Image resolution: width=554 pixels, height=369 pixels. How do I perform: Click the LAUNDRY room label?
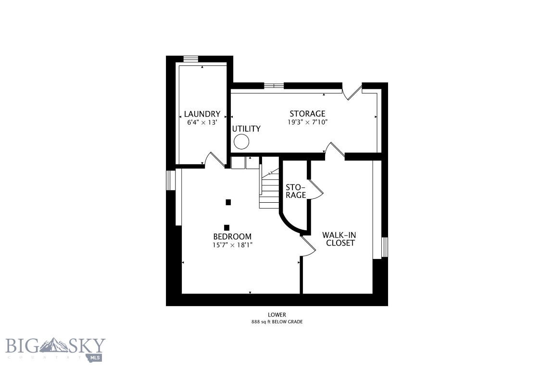tap(202, 114)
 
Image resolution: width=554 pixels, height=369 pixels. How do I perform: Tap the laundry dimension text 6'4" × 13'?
tap(202, 123)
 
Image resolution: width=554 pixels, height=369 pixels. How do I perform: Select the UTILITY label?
tap(246, 129)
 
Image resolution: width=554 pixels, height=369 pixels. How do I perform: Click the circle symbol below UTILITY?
tap(241, 142)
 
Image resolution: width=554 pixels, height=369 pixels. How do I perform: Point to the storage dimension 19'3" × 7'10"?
tap(307, 122)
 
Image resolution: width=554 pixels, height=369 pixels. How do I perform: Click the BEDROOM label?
tap(232, 236)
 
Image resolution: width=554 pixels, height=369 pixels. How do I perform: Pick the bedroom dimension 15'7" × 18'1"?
tap(232, 245)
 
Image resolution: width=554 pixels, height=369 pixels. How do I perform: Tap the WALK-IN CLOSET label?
tap(340, 239)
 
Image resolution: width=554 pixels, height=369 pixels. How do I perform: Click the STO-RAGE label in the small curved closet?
tap(296, 191)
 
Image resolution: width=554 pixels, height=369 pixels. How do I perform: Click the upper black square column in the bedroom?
tap(228, 202)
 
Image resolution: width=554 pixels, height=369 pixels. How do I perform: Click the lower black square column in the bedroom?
tap(227, 227)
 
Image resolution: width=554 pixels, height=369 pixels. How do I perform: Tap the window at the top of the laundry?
tap(191, 59)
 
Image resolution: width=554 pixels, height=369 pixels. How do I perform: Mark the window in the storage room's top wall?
tap(274, 86)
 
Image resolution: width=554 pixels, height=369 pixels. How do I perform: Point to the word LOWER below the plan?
tap(277, 315)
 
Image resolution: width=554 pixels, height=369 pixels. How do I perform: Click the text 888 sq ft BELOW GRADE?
tap(277, 322)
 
